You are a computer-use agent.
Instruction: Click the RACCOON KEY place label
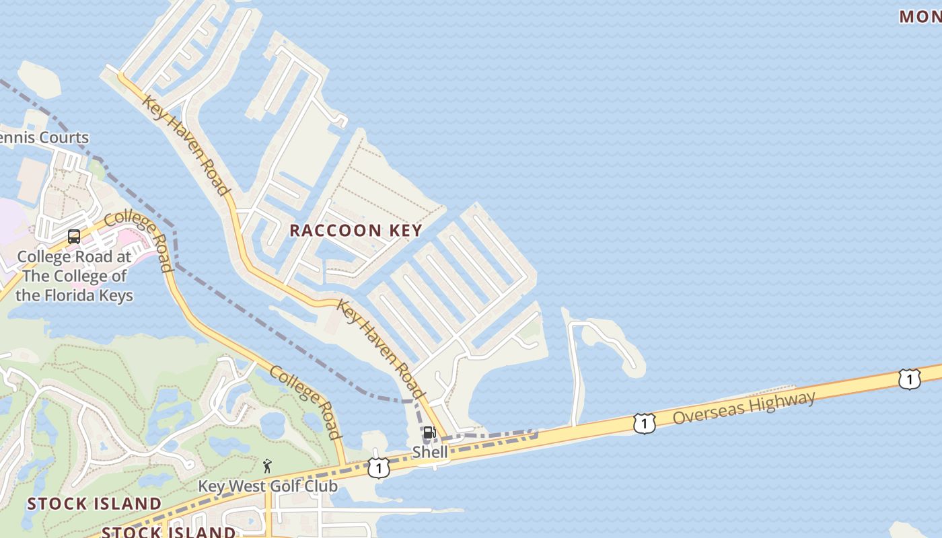[355, 230]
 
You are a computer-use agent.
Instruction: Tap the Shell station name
[430, 452]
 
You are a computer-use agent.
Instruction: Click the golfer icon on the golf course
[267, 465]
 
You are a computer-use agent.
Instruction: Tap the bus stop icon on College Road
[74, 237]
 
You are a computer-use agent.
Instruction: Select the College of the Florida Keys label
[74, 276]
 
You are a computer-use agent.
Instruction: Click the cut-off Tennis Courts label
[44, 138]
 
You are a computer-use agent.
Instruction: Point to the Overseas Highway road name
[744, 408]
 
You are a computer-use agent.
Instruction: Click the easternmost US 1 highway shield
[909, 380]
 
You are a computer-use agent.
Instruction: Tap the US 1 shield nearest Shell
[379, 468]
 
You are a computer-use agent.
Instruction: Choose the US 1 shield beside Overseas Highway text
[644, 424]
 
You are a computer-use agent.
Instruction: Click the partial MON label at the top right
[920, 17]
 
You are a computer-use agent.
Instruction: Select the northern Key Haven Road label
[186, 145]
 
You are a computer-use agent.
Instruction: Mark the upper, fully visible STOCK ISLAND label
[94, 504]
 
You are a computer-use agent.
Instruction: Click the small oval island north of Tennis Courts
[39, 78]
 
